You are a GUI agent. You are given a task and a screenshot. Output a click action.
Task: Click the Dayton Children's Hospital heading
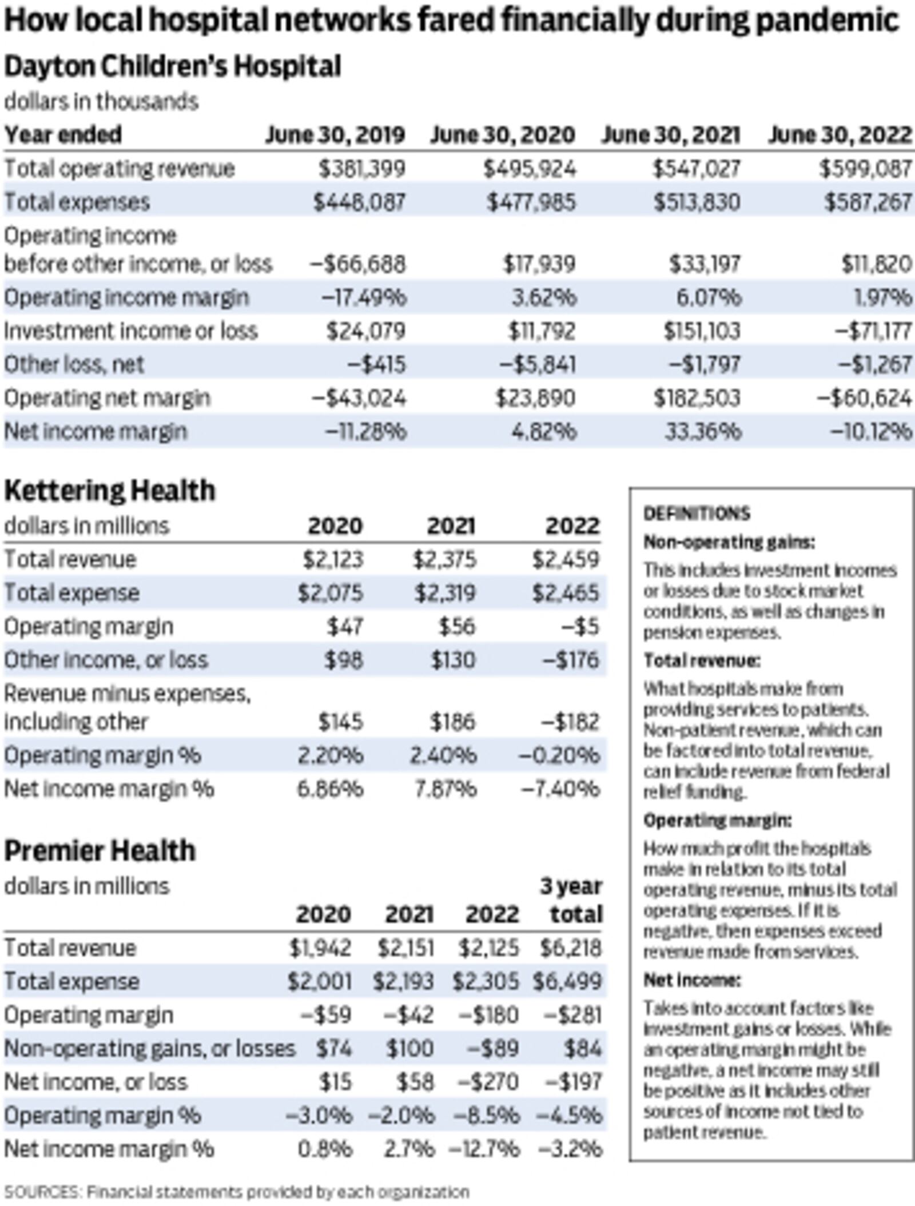pos(173,66)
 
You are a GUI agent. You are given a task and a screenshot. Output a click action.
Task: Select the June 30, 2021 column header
pos(671,135)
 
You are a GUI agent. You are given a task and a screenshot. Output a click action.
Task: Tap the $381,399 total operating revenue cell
pos(362,169)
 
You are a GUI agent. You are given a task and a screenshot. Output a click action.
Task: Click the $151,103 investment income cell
pos(702,331)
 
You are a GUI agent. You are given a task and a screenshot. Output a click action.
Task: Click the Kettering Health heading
pos(110,491)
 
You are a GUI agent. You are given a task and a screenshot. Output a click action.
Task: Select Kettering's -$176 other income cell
pos(570,660)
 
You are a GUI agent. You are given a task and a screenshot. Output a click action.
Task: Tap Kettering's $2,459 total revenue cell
pos(566,559)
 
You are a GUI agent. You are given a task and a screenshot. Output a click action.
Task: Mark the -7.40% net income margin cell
pos(560,789)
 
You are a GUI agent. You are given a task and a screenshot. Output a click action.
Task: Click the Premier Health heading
pos(100,850)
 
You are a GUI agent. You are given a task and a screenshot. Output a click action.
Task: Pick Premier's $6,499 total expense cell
pos(567,981)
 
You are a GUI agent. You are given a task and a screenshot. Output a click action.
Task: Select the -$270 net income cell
pos(488,1081)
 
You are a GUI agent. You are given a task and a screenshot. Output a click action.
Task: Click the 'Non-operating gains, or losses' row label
pos(150,1048)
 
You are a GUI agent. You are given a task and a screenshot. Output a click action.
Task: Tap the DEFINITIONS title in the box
pos(697,514)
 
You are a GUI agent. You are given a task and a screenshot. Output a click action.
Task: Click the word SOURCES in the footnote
pos(41,1192)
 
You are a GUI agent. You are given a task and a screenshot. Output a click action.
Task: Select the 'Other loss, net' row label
pos(74,365)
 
